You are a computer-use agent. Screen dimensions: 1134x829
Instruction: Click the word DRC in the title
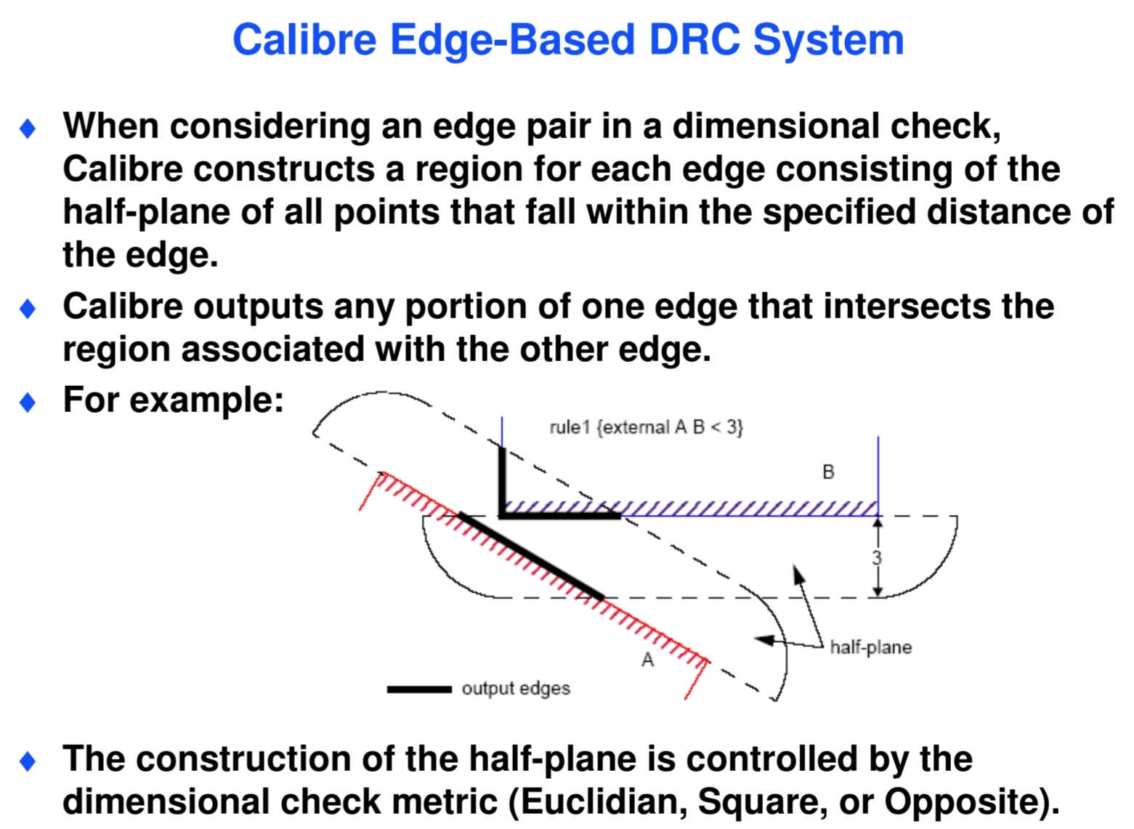(694, 40)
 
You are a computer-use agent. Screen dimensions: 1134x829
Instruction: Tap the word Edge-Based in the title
(512, 41)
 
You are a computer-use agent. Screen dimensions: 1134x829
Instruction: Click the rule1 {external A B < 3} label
(647, 428)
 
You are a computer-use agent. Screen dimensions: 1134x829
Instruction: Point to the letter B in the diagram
(828, 472)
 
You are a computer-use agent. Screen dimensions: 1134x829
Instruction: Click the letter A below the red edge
(648, 660)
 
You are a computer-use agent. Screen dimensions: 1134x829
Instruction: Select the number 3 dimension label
(877, 557)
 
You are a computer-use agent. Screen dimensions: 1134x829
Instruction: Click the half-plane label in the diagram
(871, 647)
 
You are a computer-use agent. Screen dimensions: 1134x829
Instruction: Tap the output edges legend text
(516, 690)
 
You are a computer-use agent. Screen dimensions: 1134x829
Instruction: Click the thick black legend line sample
(419, 690)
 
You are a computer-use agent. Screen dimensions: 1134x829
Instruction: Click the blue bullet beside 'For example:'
(28, 403)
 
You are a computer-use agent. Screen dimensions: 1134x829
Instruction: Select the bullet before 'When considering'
(28, 128)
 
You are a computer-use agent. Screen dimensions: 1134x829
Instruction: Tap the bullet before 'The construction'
(28, 761)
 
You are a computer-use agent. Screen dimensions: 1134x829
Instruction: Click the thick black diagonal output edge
(531, 557)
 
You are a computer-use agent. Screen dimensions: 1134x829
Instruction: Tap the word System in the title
(828, 41)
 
